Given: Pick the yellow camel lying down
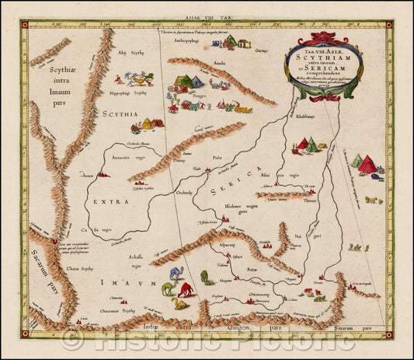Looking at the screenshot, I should click(x=181, y=304).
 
